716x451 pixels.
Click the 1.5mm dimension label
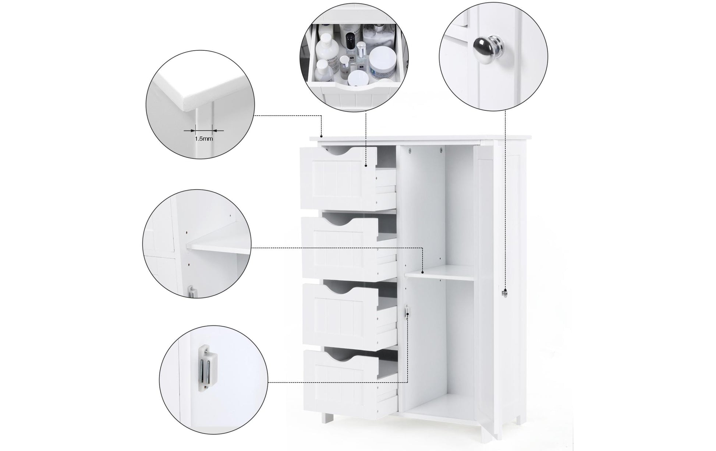[203, 139]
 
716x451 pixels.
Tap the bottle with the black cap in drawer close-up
[350, 40]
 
